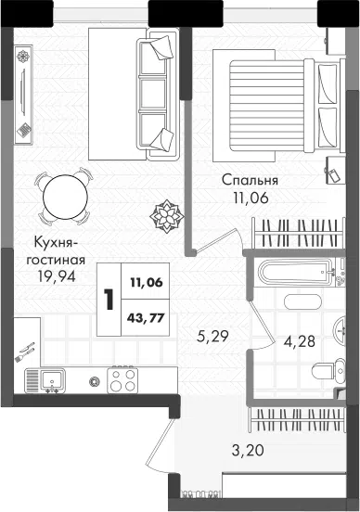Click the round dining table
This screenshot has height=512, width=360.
(x=65, y=197)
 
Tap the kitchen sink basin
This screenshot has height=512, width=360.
(x=52, y=380)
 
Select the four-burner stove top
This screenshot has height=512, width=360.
(x=122, y=380)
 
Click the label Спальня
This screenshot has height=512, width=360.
(x=250, y=180)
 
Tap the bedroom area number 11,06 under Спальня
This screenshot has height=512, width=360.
(x=251, y=198)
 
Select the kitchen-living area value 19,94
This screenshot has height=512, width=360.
(x=57, y=277)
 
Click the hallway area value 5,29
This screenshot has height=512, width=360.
(x=212, y=336)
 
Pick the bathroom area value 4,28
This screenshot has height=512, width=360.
(x=300, y=341)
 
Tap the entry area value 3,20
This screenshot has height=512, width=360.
(x=248, y=451)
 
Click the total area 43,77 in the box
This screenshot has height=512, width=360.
(x=147, y=317)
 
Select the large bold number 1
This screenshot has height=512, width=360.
(x=109, y=300)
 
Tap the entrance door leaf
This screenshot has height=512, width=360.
(x=160, y=445)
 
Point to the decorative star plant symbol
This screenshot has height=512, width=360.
(x=167, y=216)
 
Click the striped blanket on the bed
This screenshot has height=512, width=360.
(x=267, y=106)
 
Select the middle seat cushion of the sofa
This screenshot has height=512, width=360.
(x=152, y=94)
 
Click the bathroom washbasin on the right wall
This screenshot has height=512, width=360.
(x=340, y=330)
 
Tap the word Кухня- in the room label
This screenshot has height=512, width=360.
(x=56, y=243)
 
